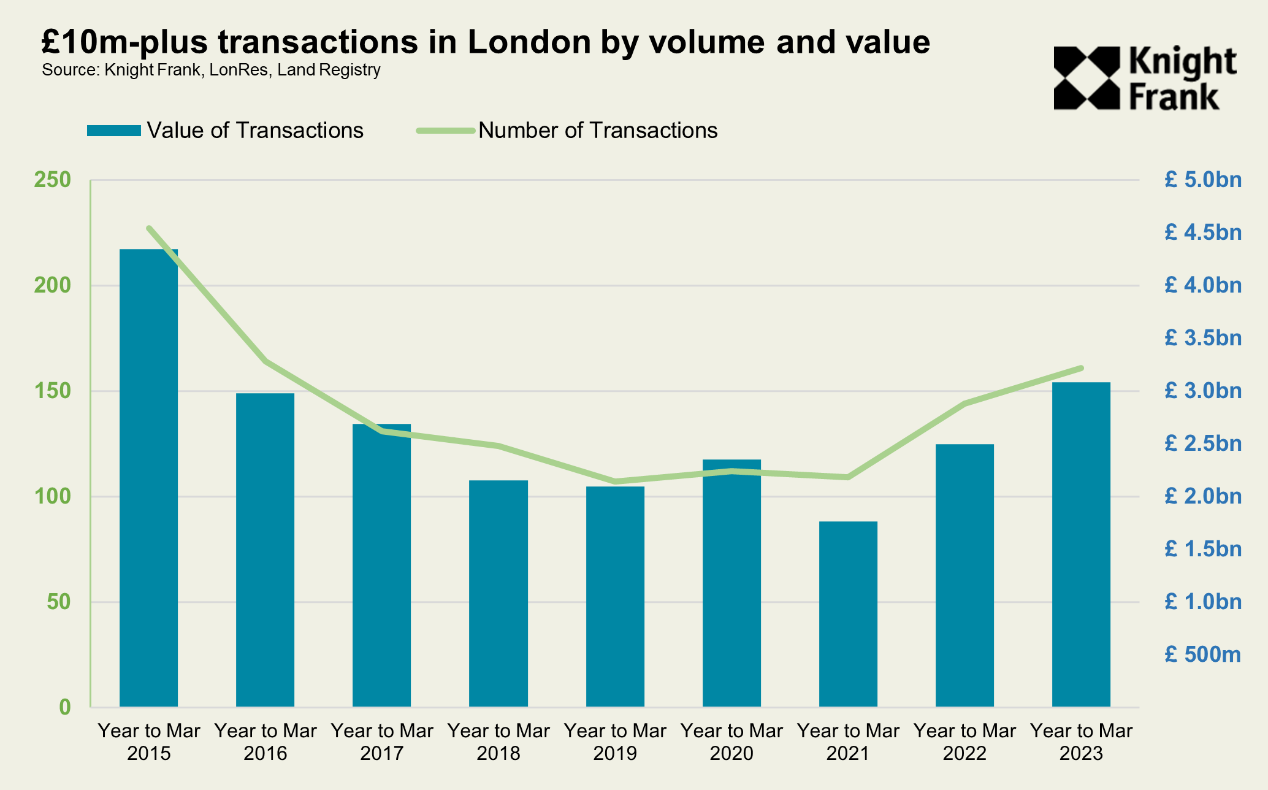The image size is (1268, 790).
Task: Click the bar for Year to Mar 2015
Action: coord(148,478)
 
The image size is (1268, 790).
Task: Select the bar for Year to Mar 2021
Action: coord(848,614)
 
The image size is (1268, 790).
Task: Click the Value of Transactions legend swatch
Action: coord(114,131)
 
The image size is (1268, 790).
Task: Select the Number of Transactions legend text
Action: coord(598,131)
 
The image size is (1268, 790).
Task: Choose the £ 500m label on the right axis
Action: coord(1202,654)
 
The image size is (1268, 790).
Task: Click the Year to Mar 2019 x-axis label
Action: coord(615,742)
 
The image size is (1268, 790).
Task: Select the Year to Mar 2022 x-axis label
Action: coord(964,742)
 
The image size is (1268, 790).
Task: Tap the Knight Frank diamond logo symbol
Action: coord(1087,79)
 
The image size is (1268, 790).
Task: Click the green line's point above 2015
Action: coord(149,228)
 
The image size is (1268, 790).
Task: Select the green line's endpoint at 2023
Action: coord(1082,368)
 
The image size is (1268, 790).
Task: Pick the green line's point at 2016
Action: coord(265,361)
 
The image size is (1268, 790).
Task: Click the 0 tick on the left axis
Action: coord(65,707)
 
